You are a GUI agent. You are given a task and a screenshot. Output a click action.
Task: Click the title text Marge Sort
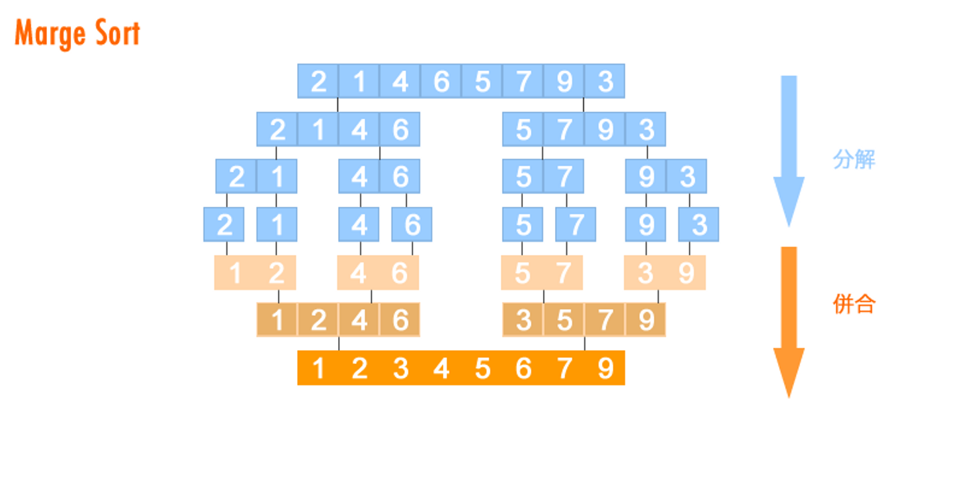click(x=78, y=33)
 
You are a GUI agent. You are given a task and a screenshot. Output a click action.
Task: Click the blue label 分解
click(x=854, y=160)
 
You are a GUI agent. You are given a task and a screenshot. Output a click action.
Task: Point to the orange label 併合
click(x=854, y=304)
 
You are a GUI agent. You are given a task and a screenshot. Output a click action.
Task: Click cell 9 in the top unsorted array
click(x=564, y=82)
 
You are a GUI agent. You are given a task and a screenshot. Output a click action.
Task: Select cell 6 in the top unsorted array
click(x=441, y=82)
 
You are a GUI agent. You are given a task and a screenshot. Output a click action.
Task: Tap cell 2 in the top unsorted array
click(x=319, y=82)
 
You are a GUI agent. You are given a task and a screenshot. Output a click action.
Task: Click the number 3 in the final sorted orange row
click(x=400, y=368)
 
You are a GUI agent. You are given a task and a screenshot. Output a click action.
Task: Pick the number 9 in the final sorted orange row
click(x=605, y=368)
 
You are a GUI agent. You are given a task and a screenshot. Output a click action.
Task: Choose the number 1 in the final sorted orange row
click(x=319, y=368)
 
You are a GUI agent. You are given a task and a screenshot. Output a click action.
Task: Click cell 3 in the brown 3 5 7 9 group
click(x=524, y=320)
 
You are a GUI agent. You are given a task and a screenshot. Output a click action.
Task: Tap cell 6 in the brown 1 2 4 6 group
click(x=400, y=320)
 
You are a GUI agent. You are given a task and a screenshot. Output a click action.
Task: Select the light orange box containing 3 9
click(x=665, y=273)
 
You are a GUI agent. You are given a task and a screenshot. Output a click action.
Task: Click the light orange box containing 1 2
click(x=255, y=273)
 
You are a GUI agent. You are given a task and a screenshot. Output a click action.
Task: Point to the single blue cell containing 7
click(x=576, y=225)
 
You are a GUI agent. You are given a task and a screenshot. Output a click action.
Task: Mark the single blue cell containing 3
click(x=698, y=225)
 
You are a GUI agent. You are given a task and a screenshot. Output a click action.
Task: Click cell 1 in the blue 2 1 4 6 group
click(x=319, y=129)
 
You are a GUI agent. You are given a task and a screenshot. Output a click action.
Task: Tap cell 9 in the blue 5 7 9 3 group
click(x=605, y=129)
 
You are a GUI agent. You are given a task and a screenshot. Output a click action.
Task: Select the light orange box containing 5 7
click(x=542, y=273)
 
